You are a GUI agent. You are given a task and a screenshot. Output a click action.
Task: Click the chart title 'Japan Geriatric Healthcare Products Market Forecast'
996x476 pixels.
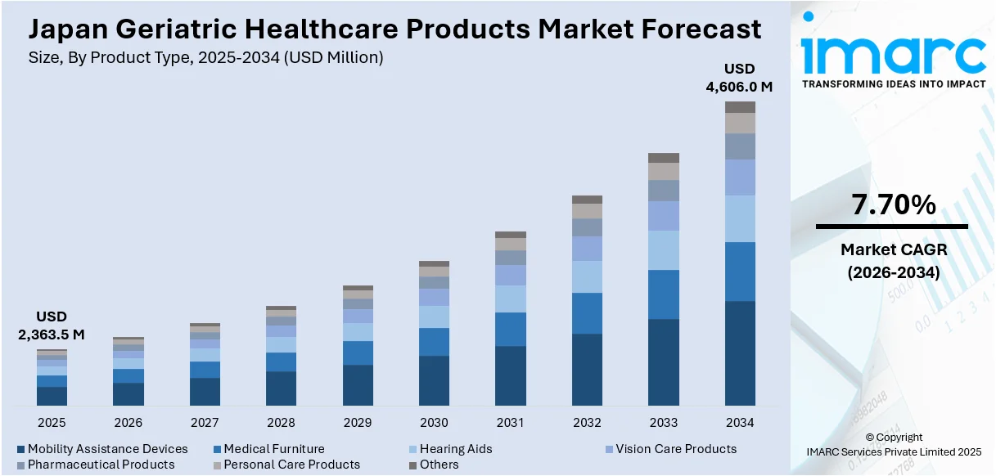394,29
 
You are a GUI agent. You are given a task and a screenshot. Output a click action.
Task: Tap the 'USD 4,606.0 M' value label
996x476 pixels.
740,77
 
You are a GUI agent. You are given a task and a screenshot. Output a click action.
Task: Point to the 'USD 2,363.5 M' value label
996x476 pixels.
52,326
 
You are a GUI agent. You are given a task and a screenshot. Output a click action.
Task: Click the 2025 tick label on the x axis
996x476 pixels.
52,423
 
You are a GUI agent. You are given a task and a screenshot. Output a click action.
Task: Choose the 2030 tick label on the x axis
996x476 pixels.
434,423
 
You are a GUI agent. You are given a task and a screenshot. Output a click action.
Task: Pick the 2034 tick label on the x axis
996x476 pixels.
740,423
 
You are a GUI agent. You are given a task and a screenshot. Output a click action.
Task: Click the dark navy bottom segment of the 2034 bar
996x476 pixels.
740,353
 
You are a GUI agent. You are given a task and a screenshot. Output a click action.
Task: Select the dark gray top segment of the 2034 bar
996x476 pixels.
740,107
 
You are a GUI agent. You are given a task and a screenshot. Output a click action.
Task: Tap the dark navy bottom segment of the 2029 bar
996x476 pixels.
358,384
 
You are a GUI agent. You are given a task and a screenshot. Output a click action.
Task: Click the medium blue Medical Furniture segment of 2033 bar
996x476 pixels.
664,294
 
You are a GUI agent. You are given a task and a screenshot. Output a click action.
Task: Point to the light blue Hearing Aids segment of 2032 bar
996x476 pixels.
587,276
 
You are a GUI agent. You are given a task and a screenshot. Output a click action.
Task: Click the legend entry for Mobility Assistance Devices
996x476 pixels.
101,449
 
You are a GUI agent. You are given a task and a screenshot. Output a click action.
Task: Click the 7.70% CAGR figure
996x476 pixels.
894,206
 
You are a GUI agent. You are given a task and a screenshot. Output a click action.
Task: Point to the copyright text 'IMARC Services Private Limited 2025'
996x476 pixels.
894,451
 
